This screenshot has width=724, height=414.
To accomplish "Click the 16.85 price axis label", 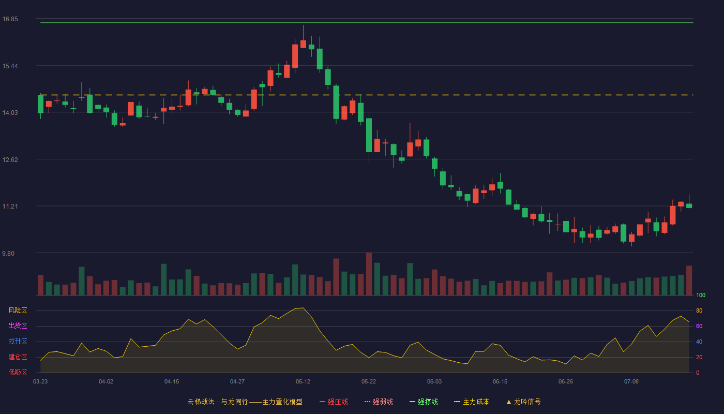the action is (10, 19).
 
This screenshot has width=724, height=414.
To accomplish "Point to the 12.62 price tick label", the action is (10, 160).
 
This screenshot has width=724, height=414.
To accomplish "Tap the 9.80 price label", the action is (8, 254).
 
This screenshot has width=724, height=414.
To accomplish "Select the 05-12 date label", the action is (303, 382).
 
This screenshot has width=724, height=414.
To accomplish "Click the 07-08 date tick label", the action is (631, 382).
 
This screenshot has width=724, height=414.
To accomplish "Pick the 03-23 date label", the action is (40, 382).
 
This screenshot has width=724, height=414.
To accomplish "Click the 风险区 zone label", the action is (18, 310).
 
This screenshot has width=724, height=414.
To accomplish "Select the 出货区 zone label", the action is (18, 326).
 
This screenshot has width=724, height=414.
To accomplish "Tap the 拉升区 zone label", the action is (18, 341).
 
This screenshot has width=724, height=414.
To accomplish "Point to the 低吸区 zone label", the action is (18, 372).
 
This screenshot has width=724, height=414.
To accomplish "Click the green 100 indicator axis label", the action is (701, 295).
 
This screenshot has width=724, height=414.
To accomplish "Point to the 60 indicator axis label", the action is (699, 326).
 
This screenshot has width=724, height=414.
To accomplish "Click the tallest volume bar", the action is (369, 274).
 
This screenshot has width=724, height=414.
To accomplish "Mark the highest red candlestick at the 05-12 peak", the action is (303, 44).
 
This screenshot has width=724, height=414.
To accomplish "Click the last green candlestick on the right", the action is (689, 206).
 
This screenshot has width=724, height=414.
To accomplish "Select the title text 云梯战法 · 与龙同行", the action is (218, 402).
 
